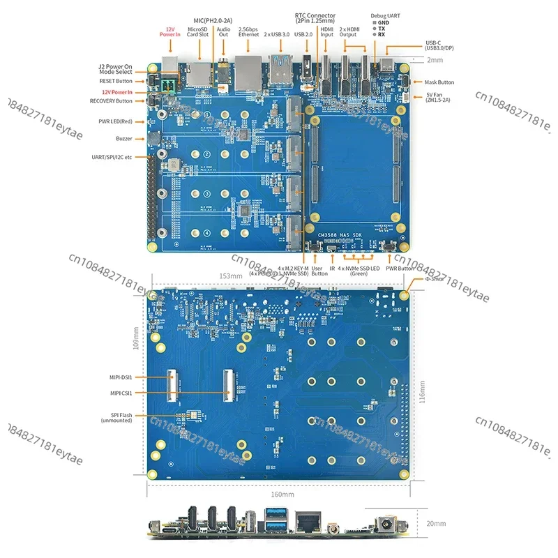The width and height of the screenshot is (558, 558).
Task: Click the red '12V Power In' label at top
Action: [x=169, y=31]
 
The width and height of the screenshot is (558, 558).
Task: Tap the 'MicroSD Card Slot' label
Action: [x=199, y=31]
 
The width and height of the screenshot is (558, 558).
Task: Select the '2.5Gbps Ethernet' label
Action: [x=248, y=31]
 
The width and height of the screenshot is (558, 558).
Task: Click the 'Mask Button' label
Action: [x=439, y=82]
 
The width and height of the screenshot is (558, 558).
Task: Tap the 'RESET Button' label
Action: [x=116, y=81]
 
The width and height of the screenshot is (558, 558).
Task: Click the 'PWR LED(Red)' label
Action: [x=120, y=121]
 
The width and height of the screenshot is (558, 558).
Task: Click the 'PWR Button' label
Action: [x=399, y=267]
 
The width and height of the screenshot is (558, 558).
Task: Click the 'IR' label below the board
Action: [x=333, y=267]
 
